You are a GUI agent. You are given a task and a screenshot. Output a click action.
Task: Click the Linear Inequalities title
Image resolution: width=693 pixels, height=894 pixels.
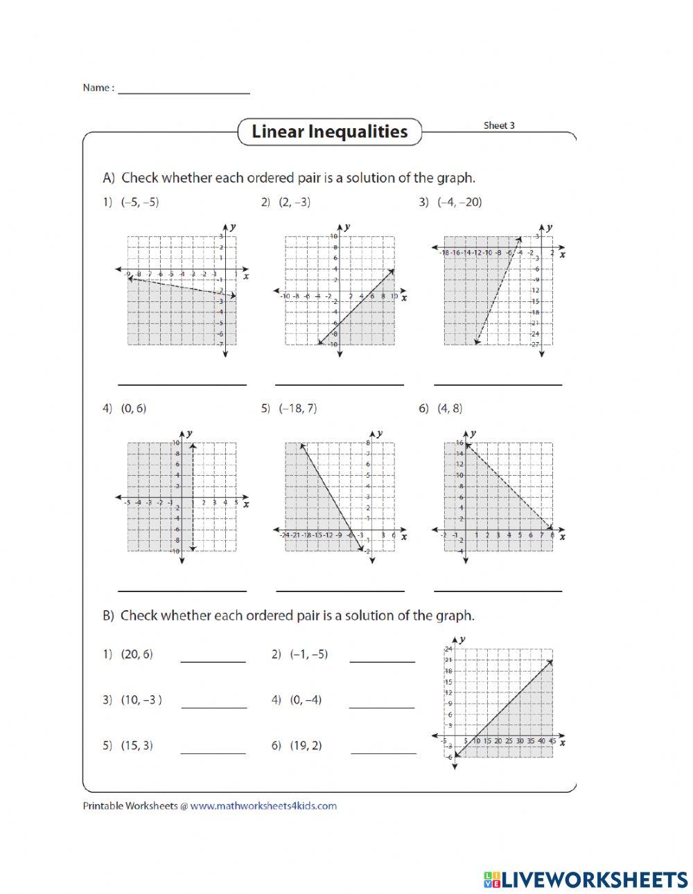tap(329, 132)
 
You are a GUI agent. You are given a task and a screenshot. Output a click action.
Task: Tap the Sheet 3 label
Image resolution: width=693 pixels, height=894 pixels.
tap(499, 125)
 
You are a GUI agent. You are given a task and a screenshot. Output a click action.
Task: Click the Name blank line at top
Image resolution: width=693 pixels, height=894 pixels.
tap(184, 92)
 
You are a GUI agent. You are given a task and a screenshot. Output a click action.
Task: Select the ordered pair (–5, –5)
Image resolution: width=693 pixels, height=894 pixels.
tap(140, 202)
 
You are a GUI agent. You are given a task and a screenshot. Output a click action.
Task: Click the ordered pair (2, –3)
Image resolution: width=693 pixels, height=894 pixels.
tap(295, 202)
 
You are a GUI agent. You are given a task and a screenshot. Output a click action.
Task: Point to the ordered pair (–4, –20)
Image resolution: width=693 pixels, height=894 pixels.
tap(459, 202)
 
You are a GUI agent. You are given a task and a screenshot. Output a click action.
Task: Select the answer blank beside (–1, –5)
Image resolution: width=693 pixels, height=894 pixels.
tap(382, 661)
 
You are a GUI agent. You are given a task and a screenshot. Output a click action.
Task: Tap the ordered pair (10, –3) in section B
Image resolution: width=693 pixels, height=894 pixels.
tap(141, 699)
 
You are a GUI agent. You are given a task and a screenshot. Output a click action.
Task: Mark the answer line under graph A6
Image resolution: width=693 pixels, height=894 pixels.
tap(498, 590)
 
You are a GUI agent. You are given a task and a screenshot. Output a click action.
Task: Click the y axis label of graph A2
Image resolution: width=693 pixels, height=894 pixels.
tap(346, 226)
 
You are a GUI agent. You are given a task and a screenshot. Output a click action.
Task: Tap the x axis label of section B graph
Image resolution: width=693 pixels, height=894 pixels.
tap(562, 742)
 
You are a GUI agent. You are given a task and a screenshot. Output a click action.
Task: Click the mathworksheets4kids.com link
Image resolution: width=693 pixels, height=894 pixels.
tap(263, 805)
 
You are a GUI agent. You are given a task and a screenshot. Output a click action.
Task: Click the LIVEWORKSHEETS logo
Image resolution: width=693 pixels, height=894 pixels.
tap(586, 879)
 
